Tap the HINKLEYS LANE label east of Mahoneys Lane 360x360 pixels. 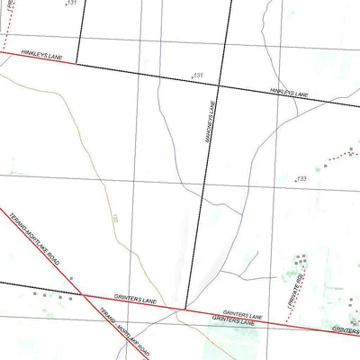tap(290, 93)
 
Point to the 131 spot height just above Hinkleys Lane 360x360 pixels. tap(198, 75)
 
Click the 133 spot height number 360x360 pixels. tap(301, 179)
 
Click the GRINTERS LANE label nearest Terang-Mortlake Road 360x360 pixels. tap(135, 298)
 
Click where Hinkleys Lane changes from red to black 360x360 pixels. tap(76, 63)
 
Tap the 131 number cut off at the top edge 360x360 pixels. tap(72, 4)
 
